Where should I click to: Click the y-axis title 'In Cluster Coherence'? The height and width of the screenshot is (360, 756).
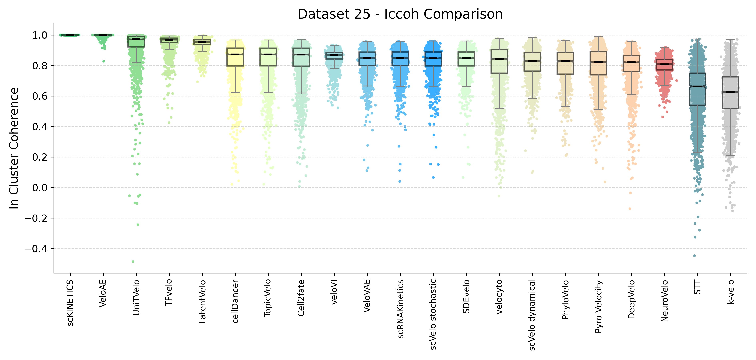pos(14,148)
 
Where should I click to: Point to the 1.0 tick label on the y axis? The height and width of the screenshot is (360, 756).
pos(40,35)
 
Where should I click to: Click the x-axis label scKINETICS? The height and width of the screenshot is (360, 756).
pos(70,303)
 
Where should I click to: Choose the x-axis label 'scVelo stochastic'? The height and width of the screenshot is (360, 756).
pos(433,315)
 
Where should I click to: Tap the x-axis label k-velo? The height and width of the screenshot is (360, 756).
pos(730,292)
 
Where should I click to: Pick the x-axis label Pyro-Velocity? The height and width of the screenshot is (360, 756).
pos(598,307)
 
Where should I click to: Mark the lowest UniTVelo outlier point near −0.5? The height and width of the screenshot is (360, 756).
pos(133,261)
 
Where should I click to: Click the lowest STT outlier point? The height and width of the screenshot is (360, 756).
pos(694,256)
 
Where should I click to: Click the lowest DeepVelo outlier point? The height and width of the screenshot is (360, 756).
pos(630,209)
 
